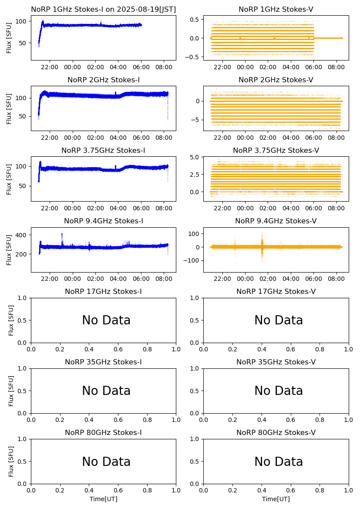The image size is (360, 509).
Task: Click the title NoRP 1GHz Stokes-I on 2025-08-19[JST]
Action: [103, 10]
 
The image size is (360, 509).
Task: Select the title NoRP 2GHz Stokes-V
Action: [276, 80]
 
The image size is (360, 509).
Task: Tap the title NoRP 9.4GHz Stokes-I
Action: [103, 221]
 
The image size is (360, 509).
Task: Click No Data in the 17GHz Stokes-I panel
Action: [106, 320]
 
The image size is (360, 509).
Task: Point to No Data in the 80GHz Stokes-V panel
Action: [279, 462]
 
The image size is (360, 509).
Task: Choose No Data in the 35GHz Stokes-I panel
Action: [106, 391]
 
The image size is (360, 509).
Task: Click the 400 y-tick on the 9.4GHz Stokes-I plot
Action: [23, 235]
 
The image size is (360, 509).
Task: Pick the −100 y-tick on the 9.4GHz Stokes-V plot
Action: [193, 260]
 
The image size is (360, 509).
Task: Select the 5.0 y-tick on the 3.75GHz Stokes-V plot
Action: [195, 157]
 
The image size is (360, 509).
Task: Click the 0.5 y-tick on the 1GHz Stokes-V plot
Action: [195, 20]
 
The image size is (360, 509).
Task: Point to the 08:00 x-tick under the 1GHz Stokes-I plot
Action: [164, 67]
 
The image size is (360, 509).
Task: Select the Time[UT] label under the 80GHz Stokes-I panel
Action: [103, 499]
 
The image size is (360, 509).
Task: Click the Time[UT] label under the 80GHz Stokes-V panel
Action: [276, 499]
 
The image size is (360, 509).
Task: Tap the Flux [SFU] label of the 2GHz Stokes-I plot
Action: [9, 108]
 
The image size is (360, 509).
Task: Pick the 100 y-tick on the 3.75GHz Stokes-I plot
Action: [23, 166]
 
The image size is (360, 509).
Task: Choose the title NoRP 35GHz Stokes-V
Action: [276, 362]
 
